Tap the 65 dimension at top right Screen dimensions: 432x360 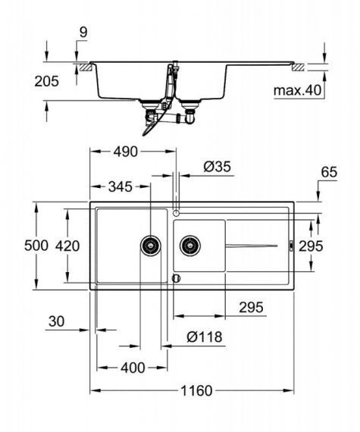click(328, 173)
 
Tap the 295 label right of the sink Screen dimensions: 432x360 click(332, 246)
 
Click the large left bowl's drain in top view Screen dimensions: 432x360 click(151, 245)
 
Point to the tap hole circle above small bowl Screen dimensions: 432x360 click(177, 213)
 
